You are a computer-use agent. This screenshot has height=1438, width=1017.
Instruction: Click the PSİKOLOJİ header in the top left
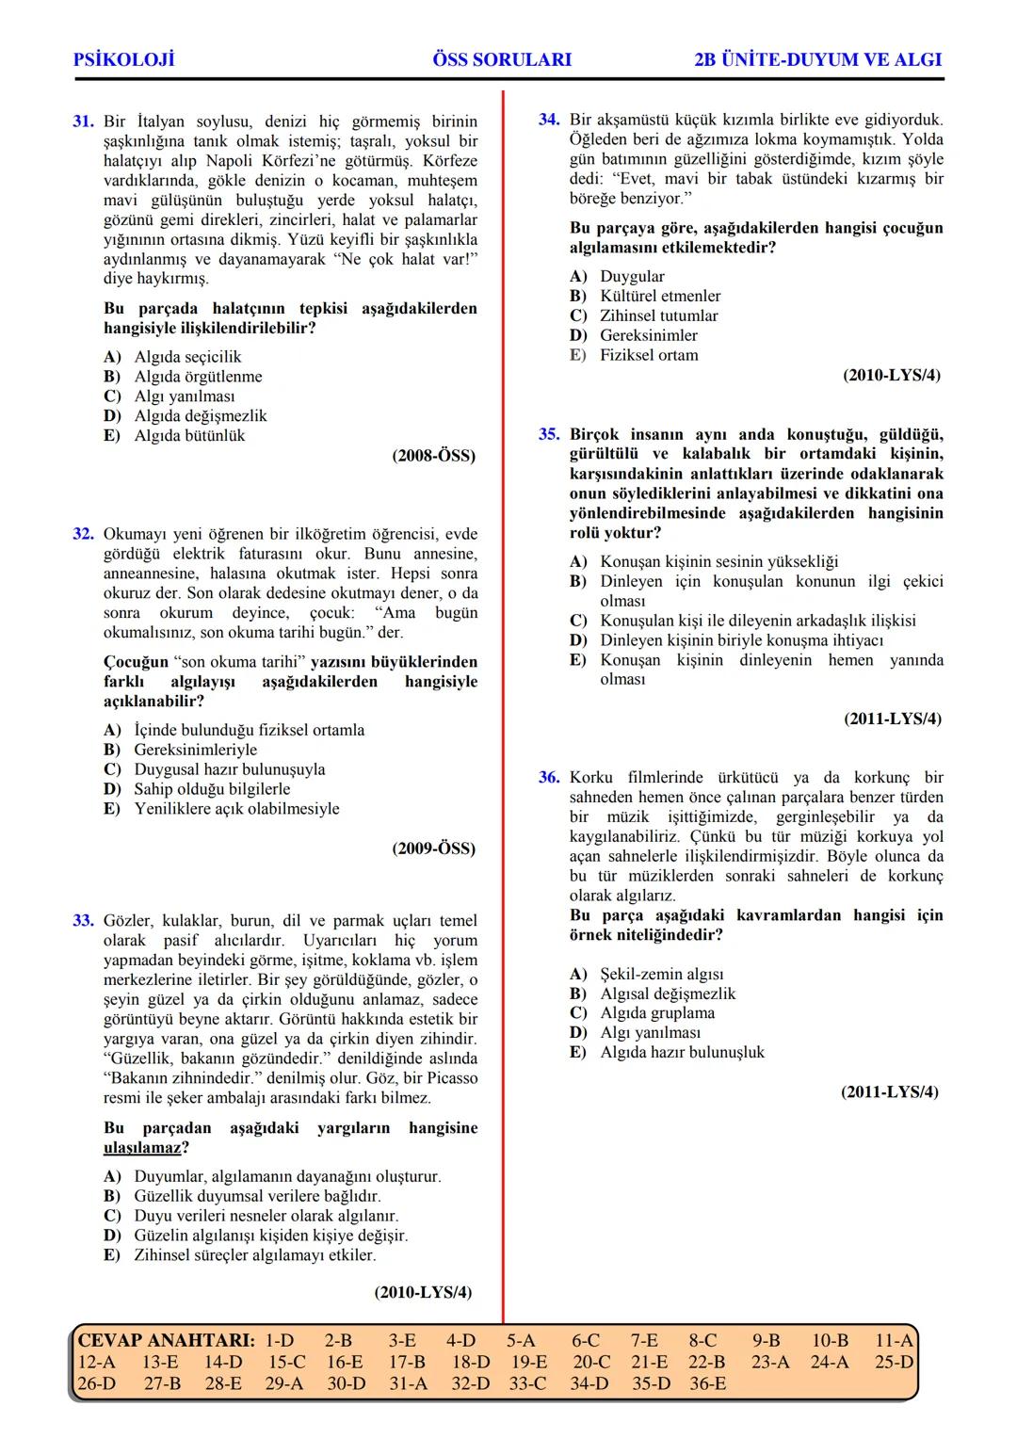[123, 60]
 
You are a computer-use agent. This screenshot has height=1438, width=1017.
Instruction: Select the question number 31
[83, 121]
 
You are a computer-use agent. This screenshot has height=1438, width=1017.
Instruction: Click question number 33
[83, 920]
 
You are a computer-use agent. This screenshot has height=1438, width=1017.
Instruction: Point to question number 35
[549, 434]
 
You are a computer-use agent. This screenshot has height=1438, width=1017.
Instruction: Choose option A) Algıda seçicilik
[173, 357]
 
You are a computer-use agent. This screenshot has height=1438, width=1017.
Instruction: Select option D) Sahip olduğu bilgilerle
[198, 789]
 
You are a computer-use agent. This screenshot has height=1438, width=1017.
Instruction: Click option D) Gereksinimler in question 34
[634, 335]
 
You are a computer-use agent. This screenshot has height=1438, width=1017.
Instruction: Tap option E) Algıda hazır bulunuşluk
[668, 1052]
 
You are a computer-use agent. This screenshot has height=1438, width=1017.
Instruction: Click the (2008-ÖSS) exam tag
[433, 456]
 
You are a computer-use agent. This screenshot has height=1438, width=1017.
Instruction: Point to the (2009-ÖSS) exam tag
[433, 848]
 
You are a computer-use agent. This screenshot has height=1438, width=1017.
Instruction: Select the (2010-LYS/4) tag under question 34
[891, 376]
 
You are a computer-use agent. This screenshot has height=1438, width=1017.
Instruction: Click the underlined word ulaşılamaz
[142, 1148]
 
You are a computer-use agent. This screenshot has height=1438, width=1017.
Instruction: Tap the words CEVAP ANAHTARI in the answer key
[166, 1340]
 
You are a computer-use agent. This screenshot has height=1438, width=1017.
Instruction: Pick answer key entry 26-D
[97, 1383]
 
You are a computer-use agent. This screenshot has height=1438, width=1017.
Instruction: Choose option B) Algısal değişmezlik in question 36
[653, 994]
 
